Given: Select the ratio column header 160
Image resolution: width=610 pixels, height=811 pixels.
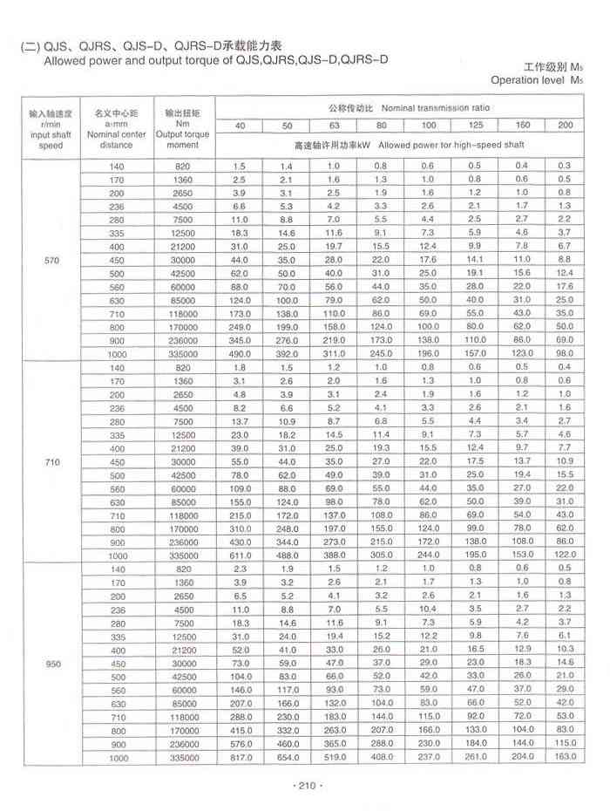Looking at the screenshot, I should (523, 126).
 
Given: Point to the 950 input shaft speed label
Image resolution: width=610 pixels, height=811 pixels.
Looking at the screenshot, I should (51, 663).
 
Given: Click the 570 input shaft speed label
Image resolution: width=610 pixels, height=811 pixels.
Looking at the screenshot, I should (51, 261).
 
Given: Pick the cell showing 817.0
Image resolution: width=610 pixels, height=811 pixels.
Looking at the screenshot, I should (241, 757).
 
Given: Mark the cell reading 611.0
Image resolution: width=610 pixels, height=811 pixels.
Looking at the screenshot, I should (241, 555).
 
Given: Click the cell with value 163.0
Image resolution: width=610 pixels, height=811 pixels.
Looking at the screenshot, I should (565, 757).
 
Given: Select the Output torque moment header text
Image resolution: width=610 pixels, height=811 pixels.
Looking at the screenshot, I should (183, 140).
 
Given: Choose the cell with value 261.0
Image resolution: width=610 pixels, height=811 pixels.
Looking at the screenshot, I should (475, 757).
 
